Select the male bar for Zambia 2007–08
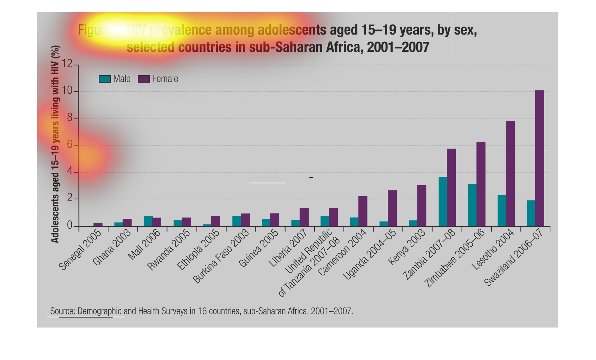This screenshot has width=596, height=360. click(442, 202)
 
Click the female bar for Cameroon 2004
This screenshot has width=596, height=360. click(363, 211)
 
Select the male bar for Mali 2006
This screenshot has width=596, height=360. click(148, 221)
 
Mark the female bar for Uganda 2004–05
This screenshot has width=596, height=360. click(392, 208)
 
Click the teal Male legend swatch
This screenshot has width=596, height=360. click(105, 79)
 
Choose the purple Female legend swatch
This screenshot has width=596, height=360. click(144, 79)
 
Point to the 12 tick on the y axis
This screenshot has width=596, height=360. click(67, 64)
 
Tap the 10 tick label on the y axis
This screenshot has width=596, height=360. click(67, 91)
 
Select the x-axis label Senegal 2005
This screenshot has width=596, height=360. click(80, 250)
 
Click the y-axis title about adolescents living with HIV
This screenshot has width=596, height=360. click(55, 144)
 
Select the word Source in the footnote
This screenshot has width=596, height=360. click(63, 311)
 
